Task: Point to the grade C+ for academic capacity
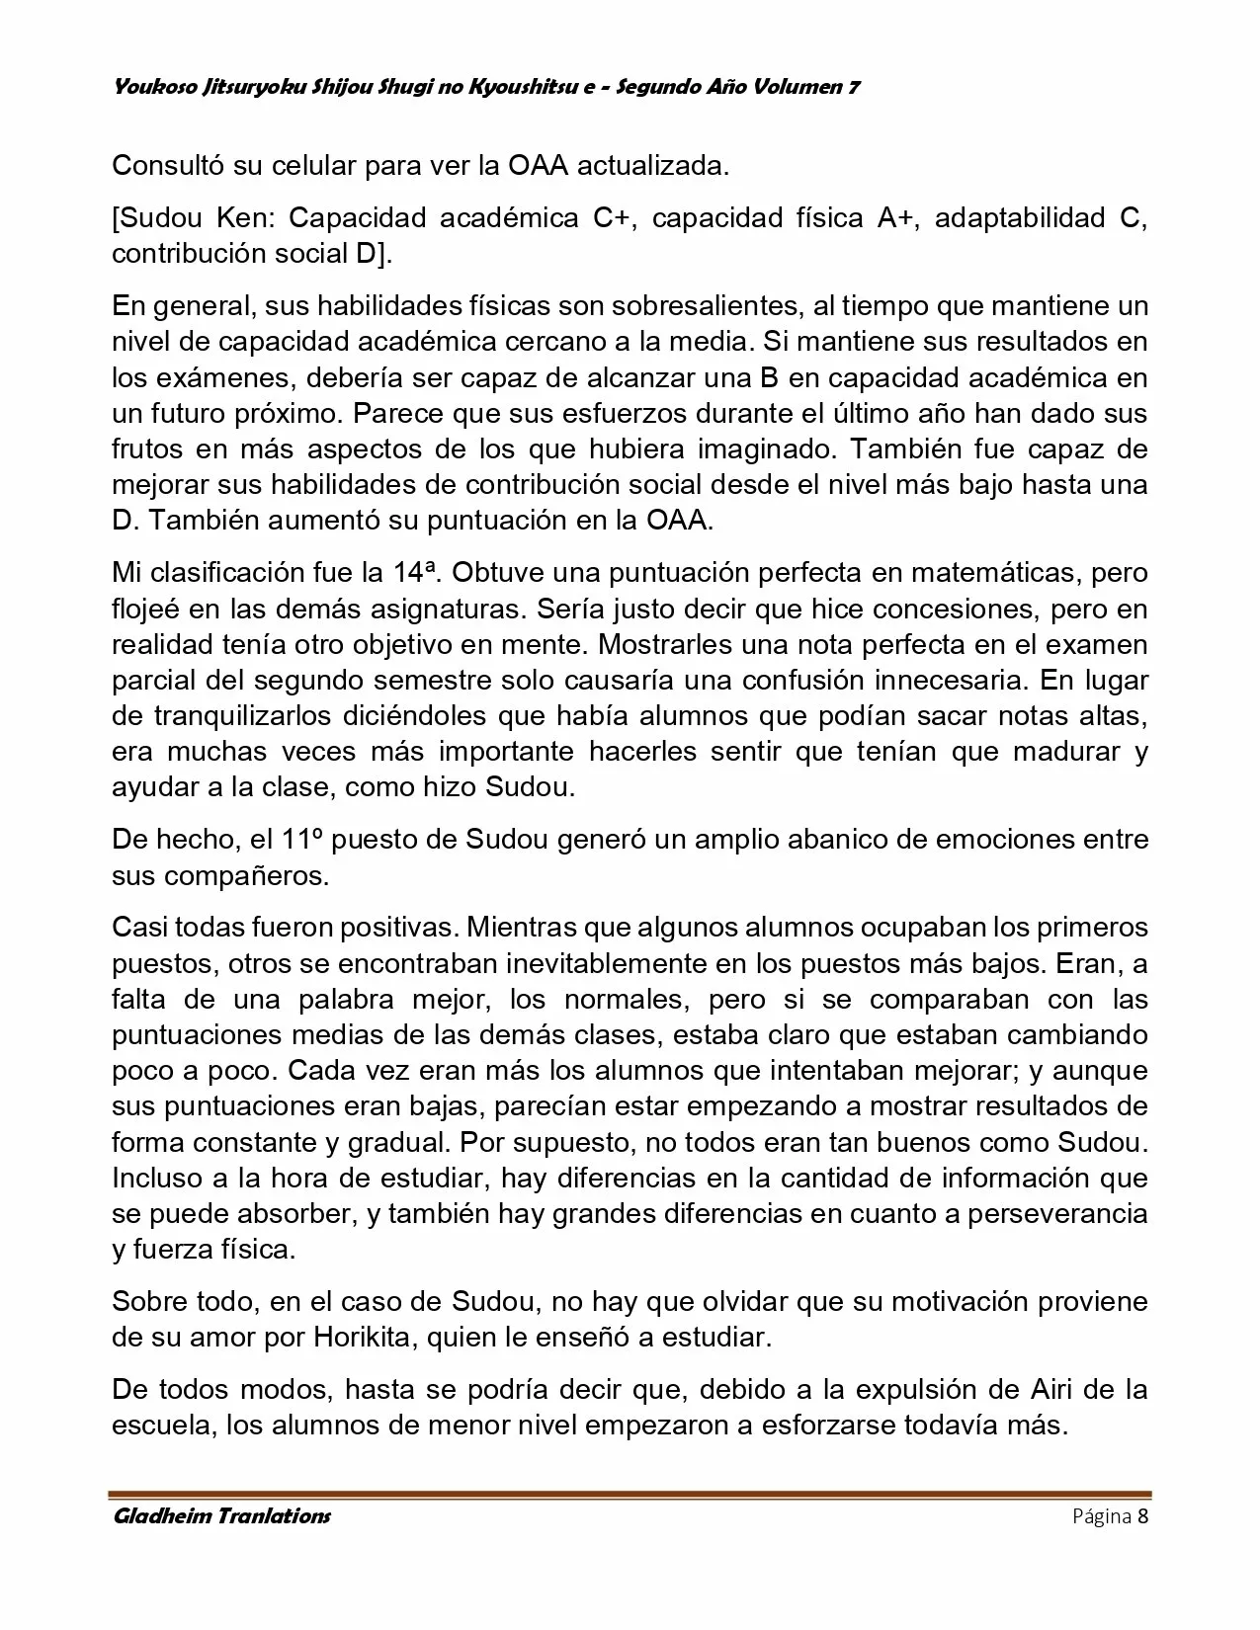612,218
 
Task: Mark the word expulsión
916,1391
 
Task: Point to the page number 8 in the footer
1142,1516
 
